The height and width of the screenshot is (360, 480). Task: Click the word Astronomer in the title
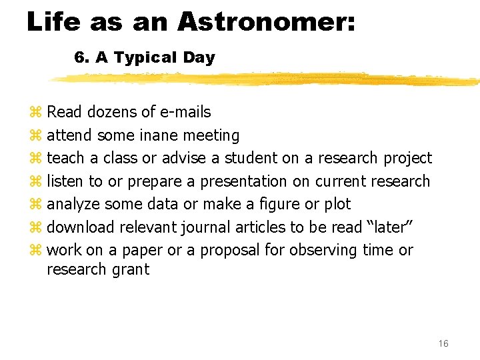pyautogui.click(x=267, y=21)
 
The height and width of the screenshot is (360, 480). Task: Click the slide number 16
pyautogui.click(x=443, y=343)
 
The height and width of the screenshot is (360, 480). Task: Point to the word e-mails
pyautogui.click(x=182, y=112)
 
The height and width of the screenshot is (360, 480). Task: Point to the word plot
pyautogui.click(x=337, y=205)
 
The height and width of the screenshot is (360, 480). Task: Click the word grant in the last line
pyautogui.click(x=131, y=270)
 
